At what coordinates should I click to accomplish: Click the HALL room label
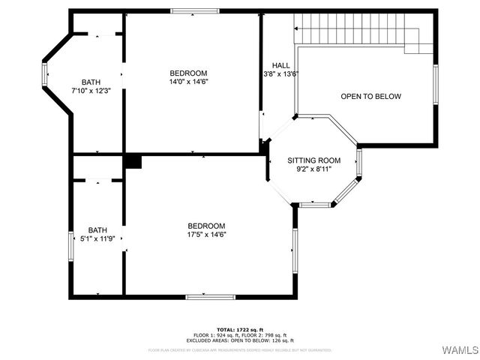281,65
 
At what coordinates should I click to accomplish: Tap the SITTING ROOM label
314,160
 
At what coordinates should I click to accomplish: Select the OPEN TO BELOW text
371,97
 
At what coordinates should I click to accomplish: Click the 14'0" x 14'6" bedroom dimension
188,82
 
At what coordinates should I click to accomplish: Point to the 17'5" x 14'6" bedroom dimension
206,235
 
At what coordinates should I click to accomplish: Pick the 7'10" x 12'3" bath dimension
91,91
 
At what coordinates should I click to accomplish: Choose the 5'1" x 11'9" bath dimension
97,239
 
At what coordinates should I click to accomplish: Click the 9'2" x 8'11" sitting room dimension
314,169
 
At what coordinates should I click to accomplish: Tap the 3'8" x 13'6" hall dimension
281,74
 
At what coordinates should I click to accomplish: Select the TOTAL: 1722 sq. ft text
239,330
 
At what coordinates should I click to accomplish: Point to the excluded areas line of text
239,340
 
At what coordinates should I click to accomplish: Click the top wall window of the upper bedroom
194,10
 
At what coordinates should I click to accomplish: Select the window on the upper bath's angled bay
44,74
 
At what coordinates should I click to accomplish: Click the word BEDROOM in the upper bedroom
188,73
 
